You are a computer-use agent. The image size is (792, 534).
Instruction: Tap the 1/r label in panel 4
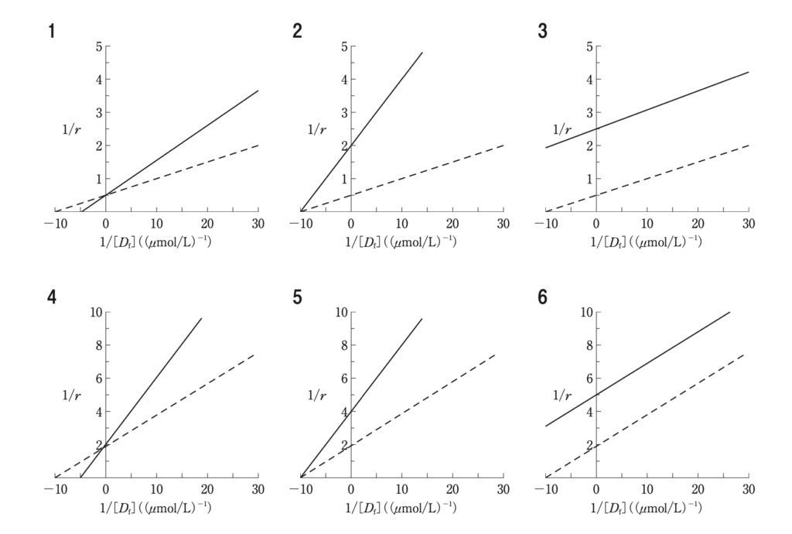point(72,395)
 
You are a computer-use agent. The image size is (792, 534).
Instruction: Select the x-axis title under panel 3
point(646,241)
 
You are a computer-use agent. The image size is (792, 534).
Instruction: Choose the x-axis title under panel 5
point(401,508)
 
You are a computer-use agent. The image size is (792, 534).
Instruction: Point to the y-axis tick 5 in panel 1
point(98,46)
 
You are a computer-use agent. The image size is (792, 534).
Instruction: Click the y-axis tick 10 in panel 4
point(95,313)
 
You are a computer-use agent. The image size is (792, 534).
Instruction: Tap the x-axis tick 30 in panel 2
point(503,224)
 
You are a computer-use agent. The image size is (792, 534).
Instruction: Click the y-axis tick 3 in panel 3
point(589,112)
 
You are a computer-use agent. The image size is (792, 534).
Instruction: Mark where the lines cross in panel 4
point(107,444)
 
